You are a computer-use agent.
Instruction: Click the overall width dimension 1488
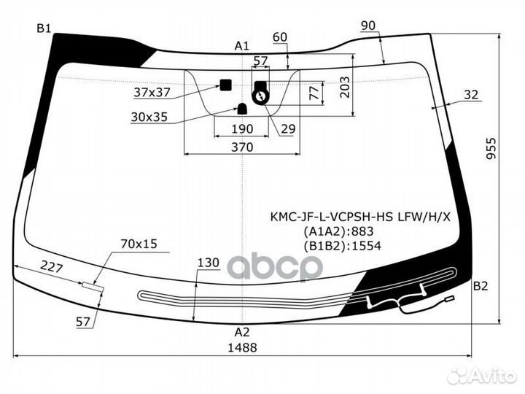point(242,347)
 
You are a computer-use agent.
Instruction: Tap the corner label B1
point(44,28)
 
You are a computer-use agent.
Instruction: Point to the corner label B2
point(481,286)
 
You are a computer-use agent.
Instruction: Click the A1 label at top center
point(242,45)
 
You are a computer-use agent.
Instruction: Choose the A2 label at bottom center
point(242,332)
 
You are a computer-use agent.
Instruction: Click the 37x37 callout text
point(152,92)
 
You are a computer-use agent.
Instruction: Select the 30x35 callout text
point(149,117)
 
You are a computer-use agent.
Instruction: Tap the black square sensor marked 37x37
point(225,85)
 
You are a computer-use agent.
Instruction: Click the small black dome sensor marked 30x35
point(242,109)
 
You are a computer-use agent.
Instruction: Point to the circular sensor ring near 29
point(260,97)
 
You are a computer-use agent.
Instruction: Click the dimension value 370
point(242,147)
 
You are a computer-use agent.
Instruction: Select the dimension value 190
point(242,128)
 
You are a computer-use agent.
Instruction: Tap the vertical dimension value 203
point(344,87)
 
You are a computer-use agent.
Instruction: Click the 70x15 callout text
point(139,244)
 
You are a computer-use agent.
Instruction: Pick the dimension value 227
point(52,267)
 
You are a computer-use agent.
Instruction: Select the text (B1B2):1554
point(342,246)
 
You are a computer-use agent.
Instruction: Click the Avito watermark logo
point(482,376)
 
